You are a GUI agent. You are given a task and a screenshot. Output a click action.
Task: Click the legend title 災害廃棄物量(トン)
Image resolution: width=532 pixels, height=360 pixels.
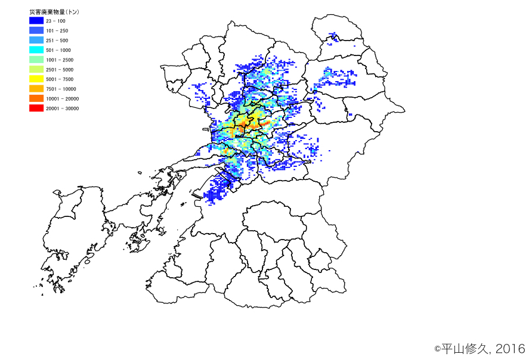point(54,11)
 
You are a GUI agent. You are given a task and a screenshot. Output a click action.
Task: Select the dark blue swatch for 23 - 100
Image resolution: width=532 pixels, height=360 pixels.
point(36,21)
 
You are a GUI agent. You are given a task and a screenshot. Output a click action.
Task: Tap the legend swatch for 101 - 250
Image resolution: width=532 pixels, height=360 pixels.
point(36,30)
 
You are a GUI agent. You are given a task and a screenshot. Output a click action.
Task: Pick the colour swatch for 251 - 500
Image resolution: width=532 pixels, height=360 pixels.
point(36,40)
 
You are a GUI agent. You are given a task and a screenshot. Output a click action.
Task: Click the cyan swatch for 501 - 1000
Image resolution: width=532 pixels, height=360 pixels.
point(36,50)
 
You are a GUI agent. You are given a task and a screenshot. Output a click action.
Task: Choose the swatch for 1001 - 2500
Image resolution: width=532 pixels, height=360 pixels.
point(36,60)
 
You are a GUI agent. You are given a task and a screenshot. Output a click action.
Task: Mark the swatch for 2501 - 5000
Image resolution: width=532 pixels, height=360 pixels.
point(36,69)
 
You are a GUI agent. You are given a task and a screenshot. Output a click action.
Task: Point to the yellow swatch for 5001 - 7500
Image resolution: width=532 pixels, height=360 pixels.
point(36,79)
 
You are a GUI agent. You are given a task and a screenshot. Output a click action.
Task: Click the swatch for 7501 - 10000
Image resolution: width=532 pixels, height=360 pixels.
point(36,89)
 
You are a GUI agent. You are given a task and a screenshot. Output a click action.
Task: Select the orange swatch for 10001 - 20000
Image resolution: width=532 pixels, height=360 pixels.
point(36,98)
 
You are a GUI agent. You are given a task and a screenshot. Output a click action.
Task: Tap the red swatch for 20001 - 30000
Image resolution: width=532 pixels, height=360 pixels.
point(36,108)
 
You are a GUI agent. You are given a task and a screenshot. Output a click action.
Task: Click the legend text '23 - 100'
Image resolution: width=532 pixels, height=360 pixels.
point(55,21)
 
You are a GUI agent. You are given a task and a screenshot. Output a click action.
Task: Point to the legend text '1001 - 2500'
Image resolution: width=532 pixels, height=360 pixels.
point(60,60)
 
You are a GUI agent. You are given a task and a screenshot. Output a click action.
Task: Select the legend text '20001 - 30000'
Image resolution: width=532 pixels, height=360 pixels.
point(62,108)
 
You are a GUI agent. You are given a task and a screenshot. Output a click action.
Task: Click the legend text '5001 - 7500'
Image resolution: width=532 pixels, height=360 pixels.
point(60,79)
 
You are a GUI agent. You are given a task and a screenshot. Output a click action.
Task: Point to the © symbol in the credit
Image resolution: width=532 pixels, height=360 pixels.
point(437,349)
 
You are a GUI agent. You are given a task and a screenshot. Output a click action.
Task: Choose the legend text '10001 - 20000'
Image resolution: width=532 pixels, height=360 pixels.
point(62,98)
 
